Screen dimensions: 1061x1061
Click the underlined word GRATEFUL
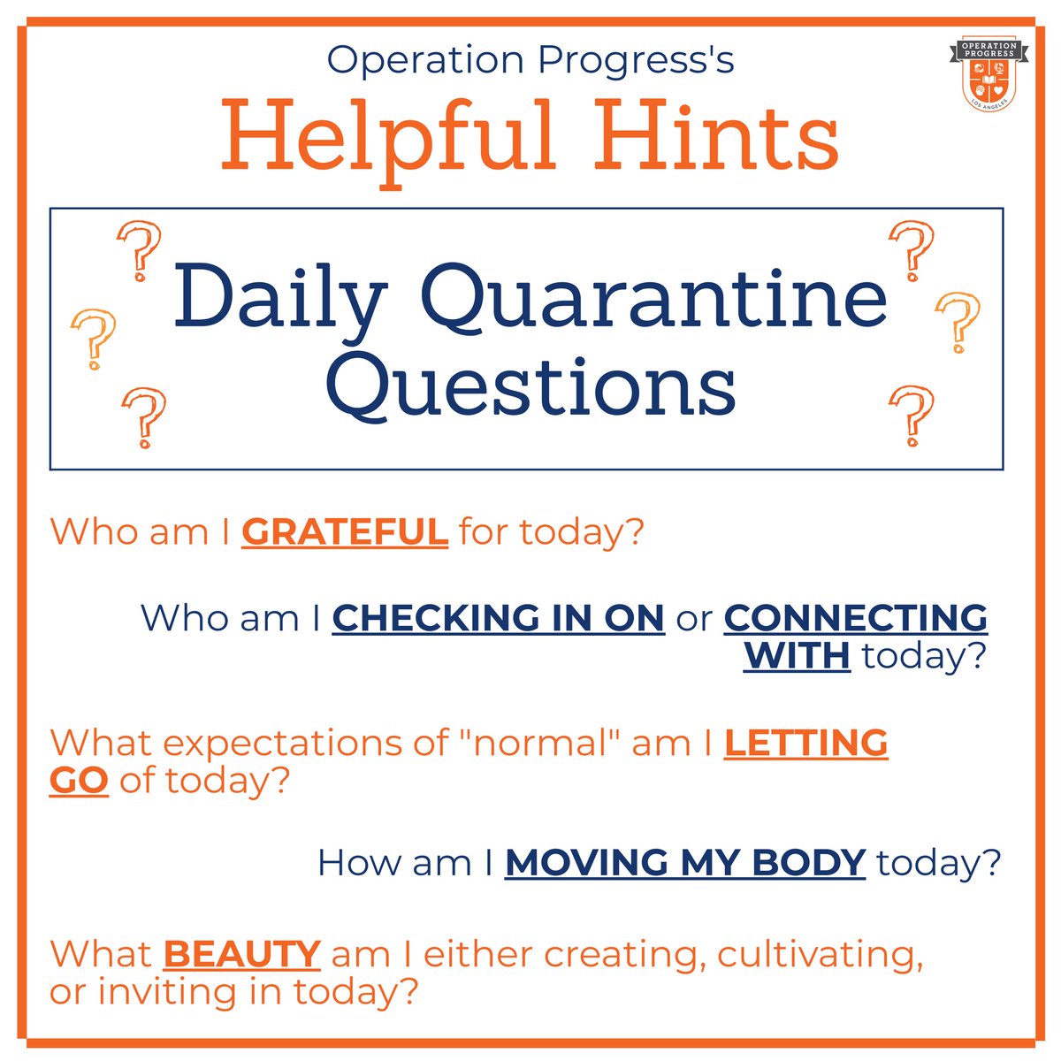345,532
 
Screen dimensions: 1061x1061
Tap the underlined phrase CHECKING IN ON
499,618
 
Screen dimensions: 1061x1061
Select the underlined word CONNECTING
856,618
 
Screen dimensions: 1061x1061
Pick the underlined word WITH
797,656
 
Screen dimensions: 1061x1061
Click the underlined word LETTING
805,743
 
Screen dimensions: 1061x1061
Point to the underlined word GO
79,782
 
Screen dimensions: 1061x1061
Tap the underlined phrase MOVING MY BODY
685,862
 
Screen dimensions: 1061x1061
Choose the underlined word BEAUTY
241,954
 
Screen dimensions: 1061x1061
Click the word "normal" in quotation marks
546,743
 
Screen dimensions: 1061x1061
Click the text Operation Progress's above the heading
530,60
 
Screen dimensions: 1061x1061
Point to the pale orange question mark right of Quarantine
958,320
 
